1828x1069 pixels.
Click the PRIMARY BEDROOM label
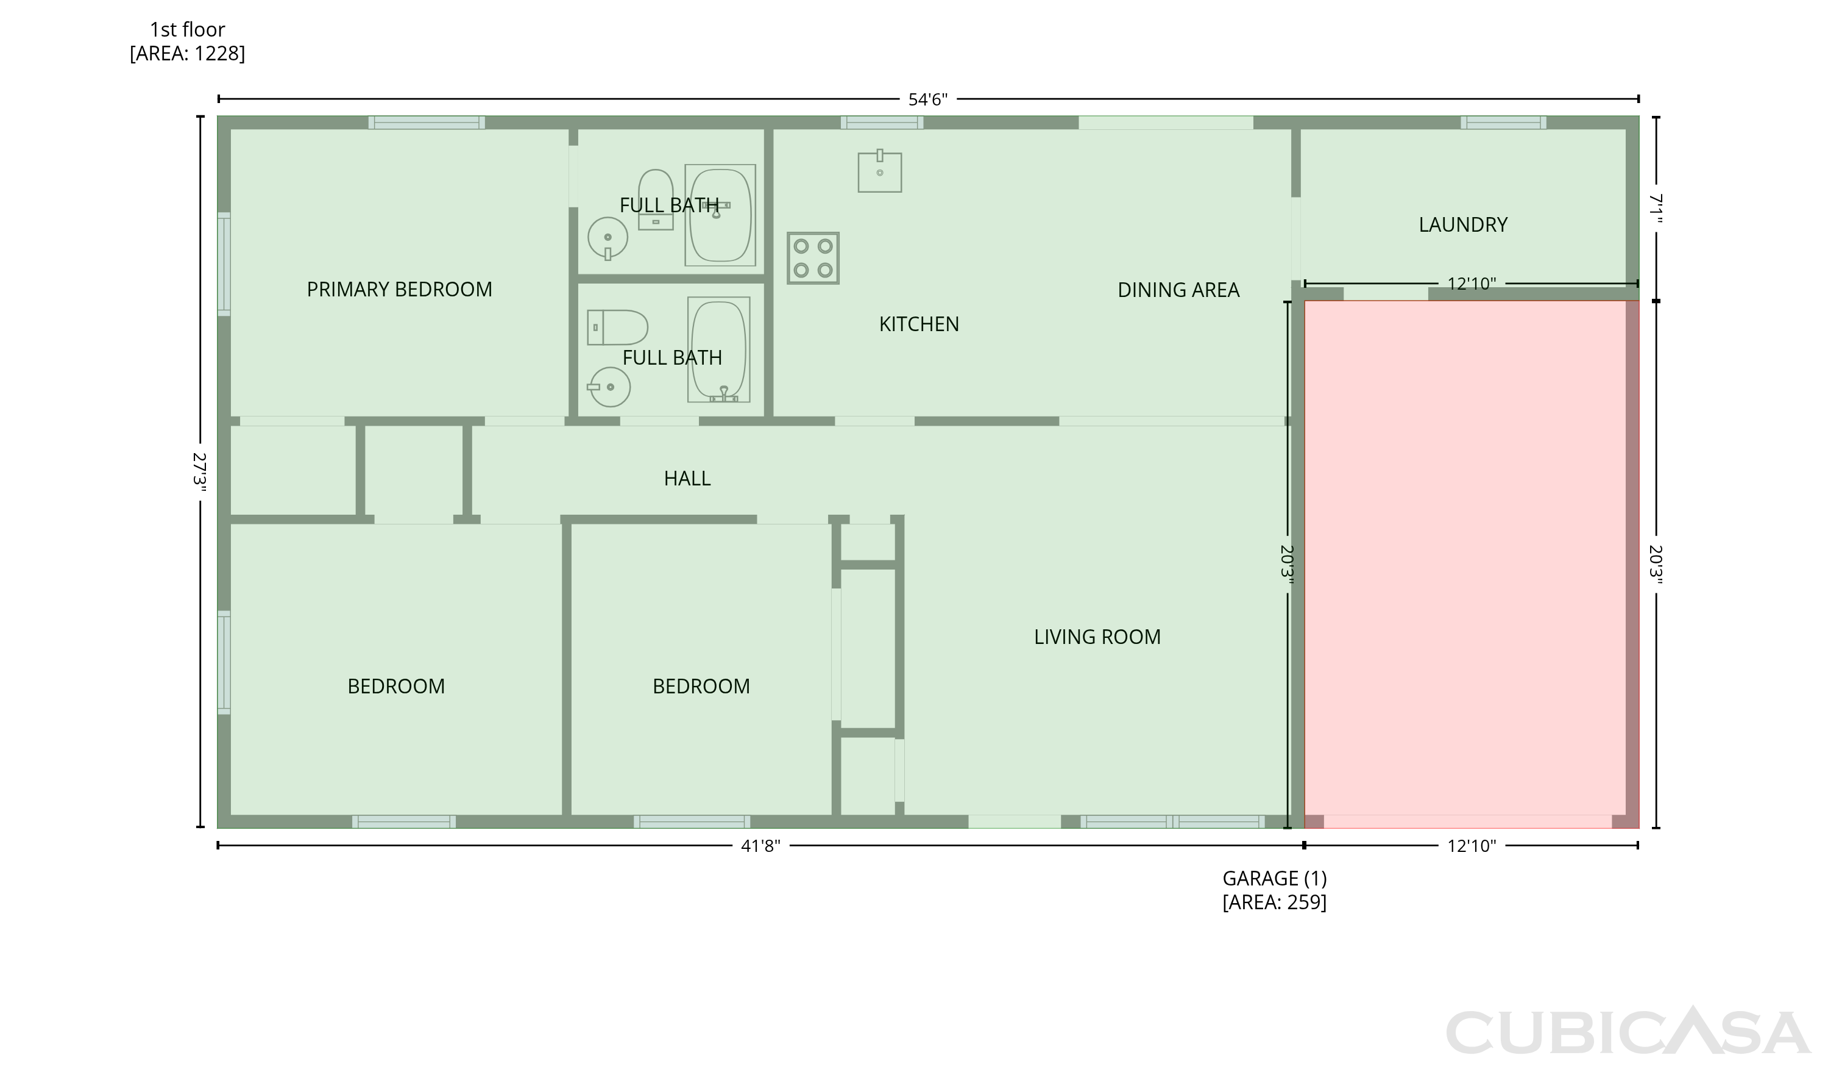click(399, 290)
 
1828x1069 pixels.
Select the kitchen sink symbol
click(879, 171)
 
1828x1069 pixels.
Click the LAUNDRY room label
click(1462, 225)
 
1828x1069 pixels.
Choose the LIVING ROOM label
click(1097, 637)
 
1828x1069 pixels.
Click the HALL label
click(687, 478)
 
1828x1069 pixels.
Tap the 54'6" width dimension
click(928, 99)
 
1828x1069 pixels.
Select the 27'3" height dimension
click(199, 472)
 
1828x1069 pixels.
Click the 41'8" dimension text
click(760, 845)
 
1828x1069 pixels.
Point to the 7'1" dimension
click(1656, 209)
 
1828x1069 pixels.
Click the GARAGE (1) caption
click(1275, 878)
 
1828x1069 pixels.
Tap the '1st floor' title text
click(187, 30)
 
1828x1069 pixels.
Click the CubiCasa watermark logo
click(1627, 1031)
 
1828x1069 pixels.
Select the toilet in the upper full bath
click(655, 199)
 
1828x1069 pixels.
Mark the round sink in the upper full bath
click(607, 238)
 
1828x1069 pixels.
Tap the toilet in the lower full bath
click(617, 327)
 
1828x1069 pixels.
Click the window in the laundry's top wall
click(1503, 123)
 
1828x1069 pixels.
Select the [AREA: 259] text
click(1275, 902)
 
